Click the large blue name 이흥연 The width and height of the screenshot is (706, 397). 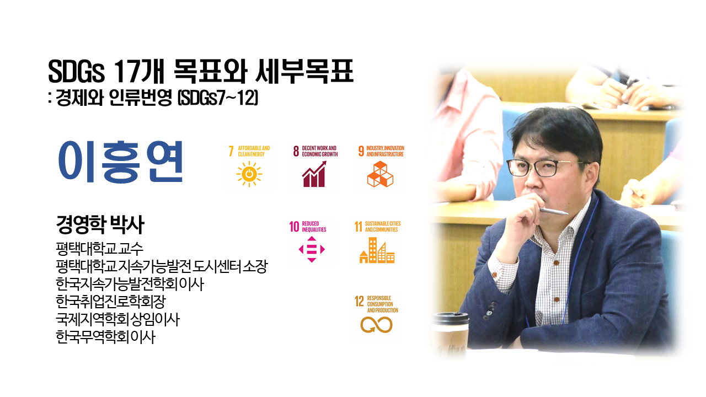[x=120, y=162]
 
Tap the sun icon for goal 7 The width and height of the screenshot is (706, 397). [x=249, y=174]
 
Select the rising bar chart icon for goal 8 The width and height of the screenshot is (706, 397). [x=314, y=174]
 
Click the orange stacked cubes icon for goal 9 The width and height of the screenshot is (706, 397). [x=380, y=174]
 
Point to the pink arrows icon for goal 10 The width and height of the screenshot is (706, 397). [x=312, y=249]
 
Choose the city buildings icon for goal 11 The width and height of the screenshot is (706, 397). [x=377, y=250]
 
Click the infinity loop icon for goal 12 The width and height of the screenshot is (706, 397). [x=376, y=325]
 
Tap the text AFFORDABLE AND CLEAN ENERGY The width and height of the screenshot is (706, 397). [x=254, y=151]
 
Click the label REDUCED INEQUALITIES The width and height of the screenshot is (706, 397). [x=314, y=227]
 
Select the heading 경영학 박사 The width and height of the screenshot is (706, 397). [x=100, y=224]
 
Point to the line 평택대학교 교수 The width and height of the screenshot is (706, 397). [x=100, y=249]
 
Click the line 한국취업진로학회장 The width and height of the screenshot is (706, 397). [x=111, y=302]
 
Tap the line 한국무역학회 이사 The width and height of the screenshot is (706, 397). [x=105, y=337]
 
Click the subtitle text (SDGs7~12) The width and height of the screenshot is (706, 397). [x=218, y=98]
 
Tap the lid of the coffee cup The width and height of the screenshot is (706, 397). [x=451, y=319]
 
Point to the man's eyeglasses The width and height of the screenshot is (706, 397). [x=545, y=168]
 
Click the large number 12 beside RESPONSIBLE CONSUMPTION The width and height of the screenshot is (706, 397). [x=359, y=301]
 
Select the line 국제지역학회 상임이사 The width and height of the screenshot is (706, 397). [x=117, y=319]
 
